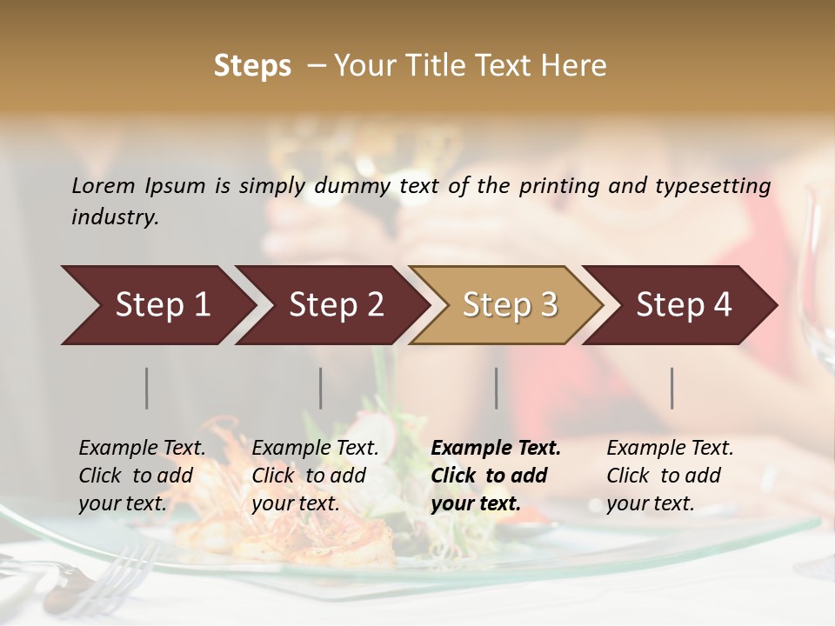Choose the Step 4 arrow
coord(683,305)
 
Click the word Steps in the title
coord(252,66)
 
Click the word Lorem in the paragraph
coord(103,186)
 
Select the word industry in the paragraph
coord(114,216)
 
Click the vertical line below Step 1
coord(147,388)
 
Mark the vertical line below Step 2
coord(321,388)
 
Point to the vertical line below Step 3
coord(497,388)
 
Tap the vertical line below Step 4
coord(672,388)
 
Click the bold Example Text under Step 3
coord(496,449)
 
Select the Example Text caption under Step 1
coord(142,449)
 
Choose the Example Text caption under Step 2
coord(315,449)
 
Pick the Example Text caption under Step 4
coord(670,449)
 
